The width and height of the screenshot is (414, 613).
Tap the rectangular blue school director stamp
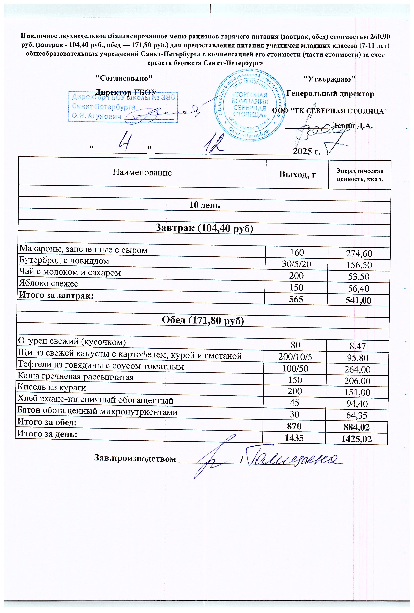(x=123, y=107)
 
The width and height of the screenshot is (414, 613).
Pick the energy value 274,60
(x=359, y=254)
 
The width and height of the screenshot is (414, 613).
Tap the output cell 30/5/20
(x=297, y=264)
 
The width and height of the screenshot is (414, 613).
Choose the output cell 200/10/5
(x=295, y=357)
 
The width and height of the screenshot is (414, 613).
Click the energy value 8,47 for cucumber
(x=358, y=346)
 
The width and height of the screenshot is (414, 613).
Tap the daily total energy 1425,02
(x=357, y=439)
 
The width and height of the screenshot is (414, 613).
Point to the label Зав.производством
(x=135, y=459)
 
